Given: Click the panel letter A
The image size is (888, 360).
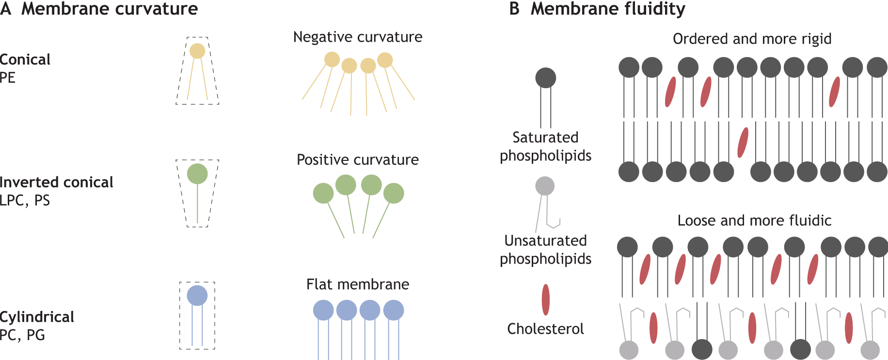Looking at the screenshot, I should pyautogui.click(x=6, y=9).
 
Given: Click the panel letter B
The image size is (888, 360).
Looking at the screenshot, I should pyautogui.click(x=514, y=9).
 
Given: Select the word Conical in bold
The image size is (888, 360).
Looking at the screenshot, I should pyautogui.click(x=25, y=60).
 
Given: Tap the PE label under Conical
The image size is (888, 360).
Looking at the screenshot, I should pyautogui.click(x=8, y=78).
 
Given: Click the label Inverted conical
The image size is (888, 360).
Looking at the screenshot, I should pyautogui.click(x=56, y=182).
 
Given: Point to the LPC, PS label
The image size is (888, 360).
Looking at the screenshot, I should pyautogui.click(x=25, y=200).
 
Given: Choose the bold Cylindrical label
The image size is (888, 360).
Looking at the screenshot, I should pyautogui.click(x=37, y=317).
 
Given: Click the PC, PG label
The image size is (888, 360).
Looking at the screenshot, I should pyautogui.click(x=22, y=335).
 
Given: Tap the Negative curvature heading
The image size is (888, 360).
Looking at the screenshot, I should pyautogui.click(x=358, y=37).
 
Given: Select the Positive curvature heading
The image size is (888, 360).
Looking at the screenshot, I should pyautogui.click(x=358, y=159).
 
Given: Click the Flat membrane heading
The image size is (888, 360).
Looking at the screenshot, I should pyautogui.click(x=358, y=284).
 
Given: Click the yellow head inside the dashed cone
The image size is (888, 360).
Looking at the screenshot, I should pyautogui.click(x=197, y=51).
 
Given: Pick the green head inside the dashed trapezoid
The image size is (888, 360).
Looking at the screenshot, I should pyautogui.click(x=197, y=173).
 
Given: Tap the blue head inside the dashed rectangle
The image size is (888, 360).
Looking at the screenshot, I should pyautogui.click(x=197, y=296).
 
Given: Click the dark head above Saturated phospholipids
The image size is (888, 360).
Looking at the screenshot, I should pyautogui.click(x=546, y=78).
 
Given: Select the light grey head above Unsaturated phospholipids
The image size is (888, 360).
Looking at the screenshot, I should pyautogui.click(x=545, y=186).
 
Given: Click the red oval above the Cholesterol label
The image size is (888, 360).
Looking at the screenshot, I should pyautogui.click(x=546, y=299).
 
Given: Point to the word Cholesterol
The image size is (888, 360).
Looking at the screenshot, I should pyautogui.click(x=545, y=329).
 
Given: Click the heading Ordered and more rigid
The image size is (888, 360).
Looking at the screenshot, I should pyautogui.click(x=752, y=39).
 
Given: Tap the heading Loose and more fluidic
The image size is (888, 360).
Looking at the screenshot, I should pyautogui.click(x=754, y=220).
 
